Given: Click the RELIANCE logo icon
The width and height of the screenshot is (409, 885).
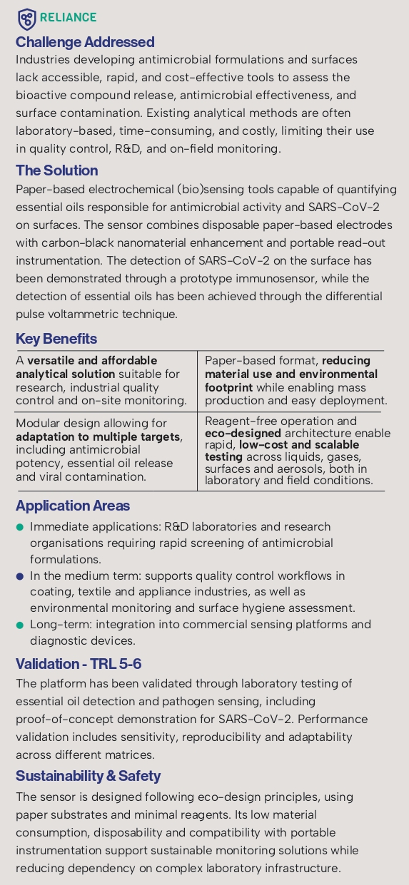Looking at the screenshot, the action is [26, 18].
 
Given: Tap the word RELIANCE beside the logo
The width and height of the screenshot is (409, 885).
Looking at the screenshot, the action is [69, 18].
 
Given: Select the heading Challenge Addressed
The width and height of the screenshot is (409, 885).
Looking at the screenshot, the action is [85, 42].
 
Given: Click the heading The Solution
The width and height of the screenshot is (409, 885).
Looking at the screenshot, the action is [56, 170].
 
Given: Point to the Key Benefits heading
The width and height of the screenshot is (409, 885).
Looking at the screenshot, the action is [56, 339].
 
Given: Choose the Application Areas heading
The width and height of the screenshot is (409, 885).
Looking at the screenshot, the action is [73, 506].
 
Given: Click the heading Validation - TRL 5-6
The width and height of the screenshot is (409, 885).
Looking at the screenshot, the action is [79, 664].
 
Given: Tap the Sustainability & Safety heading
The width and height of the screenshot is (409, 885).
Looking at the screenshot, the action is [88, 775].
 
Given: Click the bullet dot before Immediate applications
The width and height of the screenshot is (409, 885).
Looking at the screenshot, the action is [20, 527].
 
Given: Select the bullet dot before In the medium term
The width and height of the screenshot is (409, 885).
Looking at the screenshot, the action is [20, 575].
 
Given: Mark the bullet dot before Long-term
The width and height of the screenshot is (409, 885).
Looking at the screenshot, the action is [20, 625].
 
